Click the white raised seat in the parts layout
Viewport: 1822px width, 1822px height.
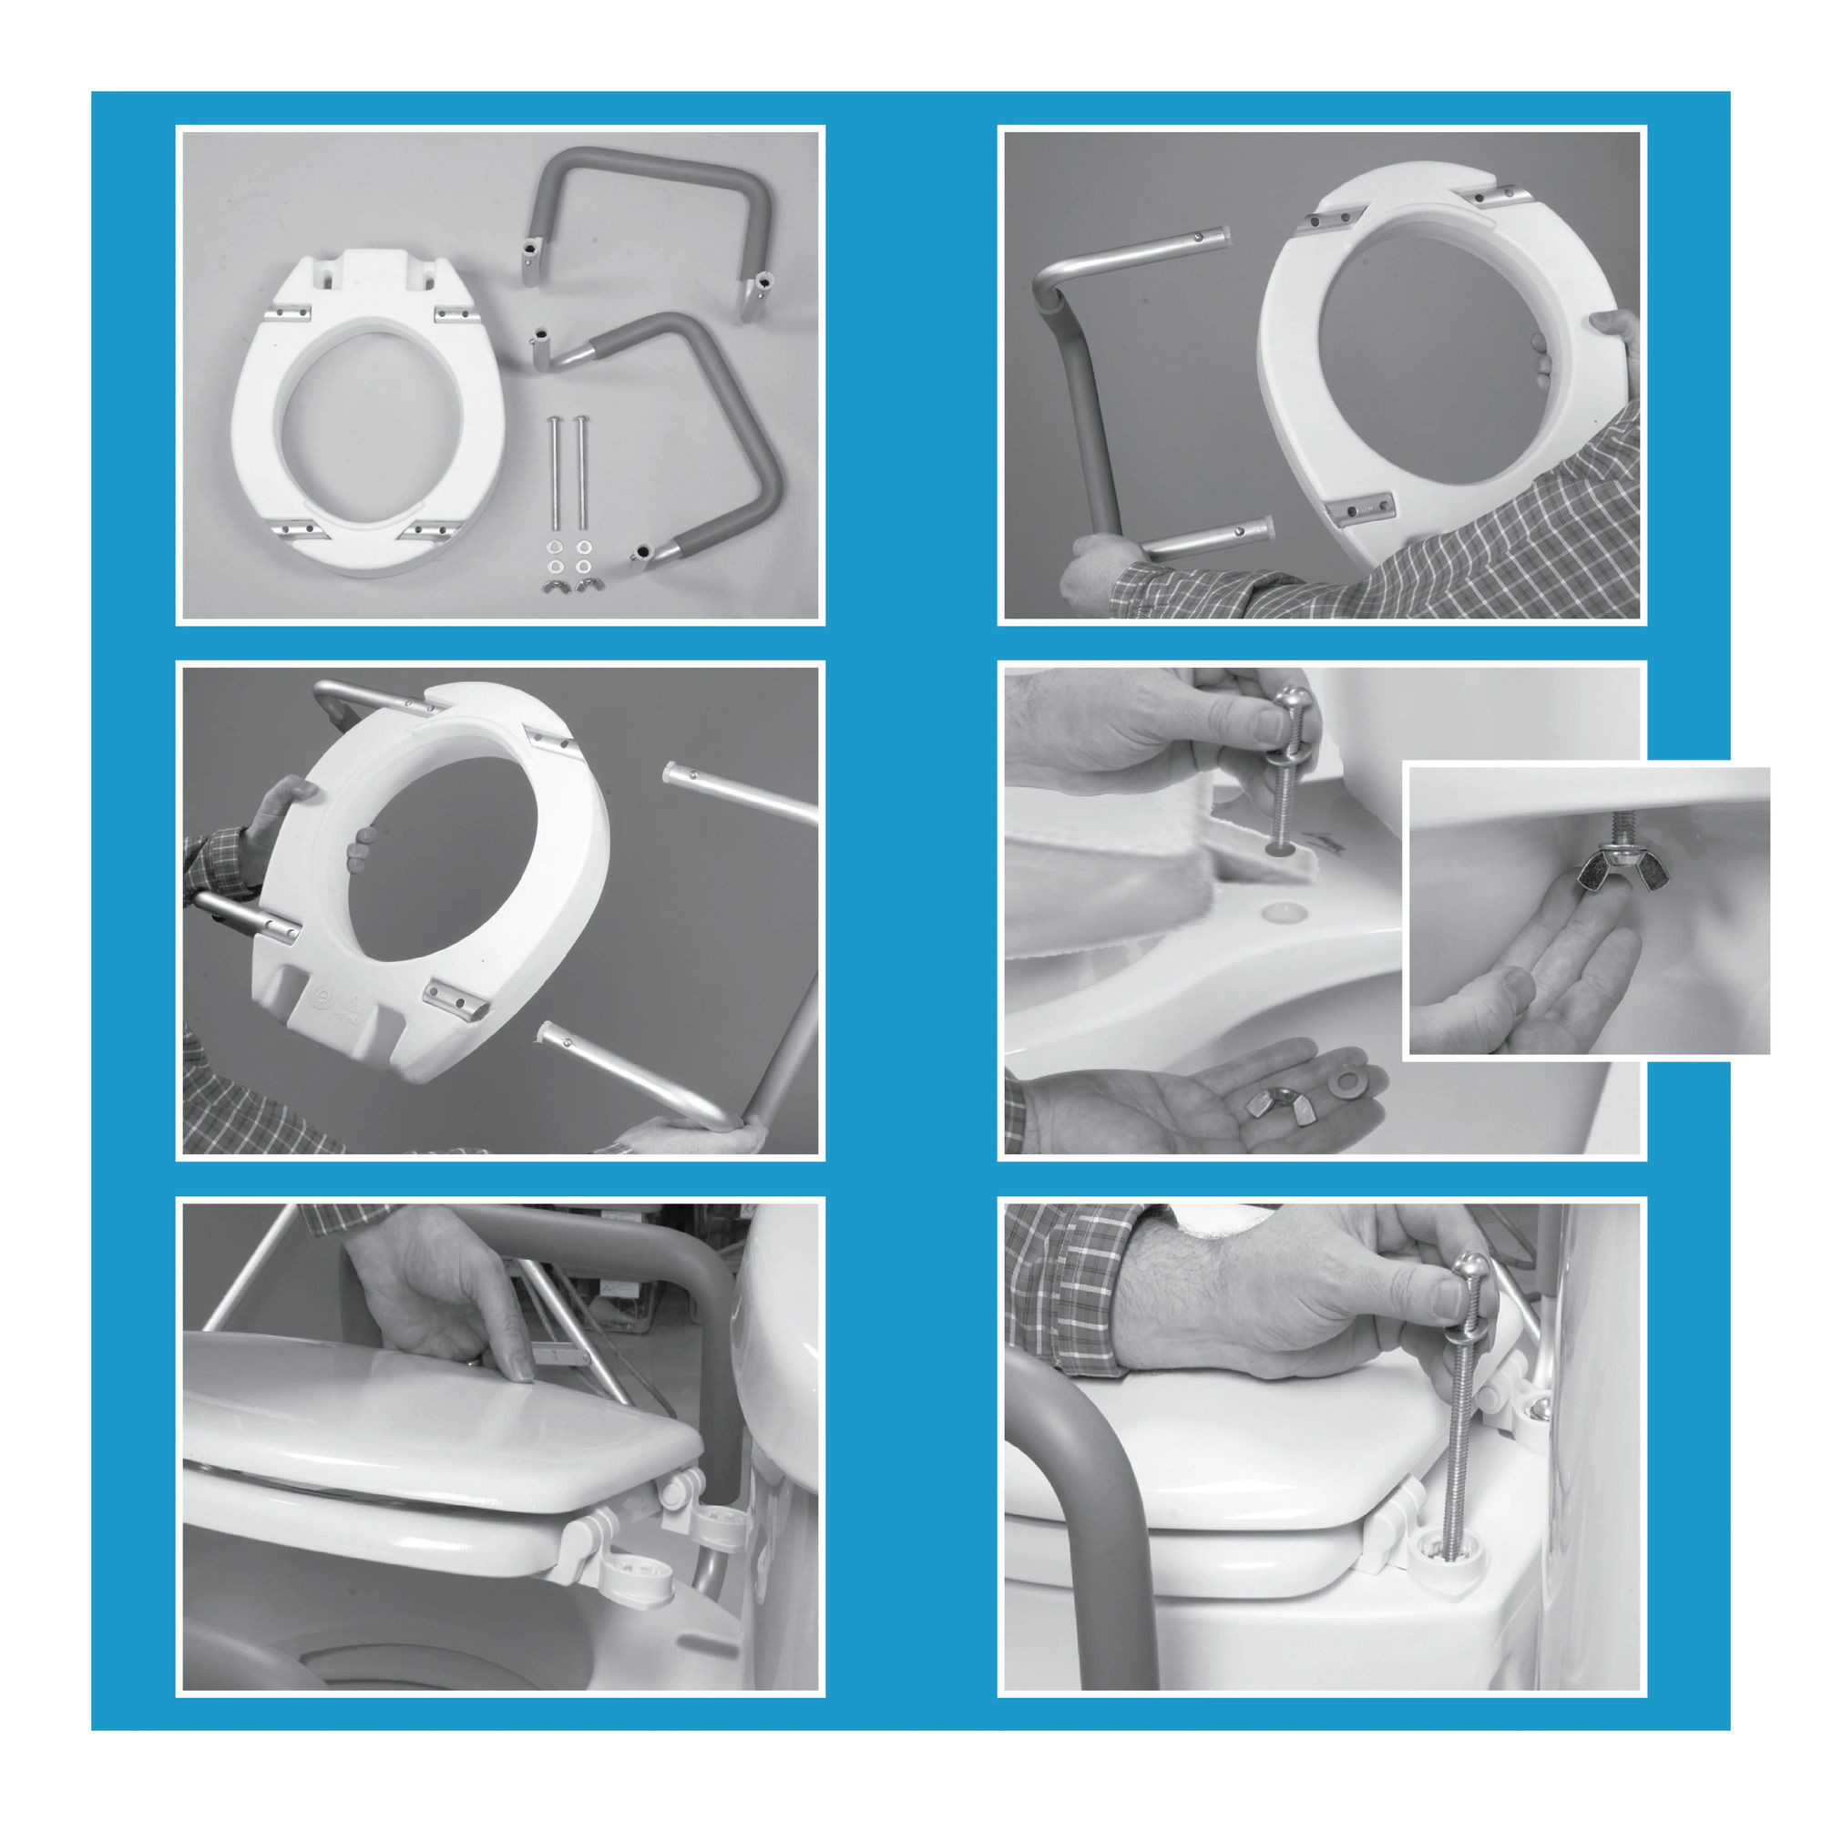(x=368, y=415)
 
